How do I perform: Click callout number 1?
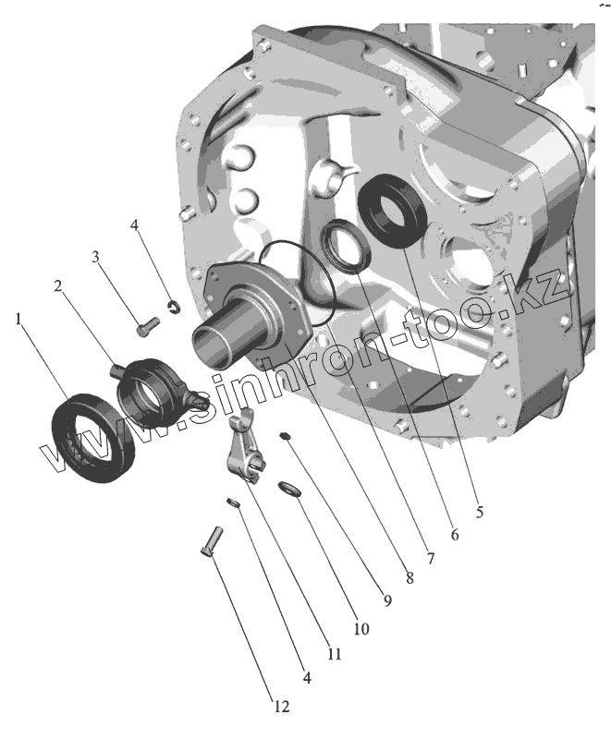(x=18, y=319)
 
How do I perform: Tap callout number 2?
(x=58, y=285)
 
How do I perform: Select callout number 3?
(x=96, y=257)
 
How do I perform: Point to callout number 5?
(x=480, y=512)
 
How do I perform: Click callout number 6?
(x=455, y=535)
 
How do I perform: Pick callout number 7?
(x=431, y=559)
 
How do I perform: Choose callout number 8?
(x=409, y=578)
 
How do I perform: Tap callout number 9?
(x=387, y=600)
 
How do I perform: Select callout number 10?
(x=361, y=628)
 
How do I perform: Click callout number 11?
(x=335, y=654)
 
